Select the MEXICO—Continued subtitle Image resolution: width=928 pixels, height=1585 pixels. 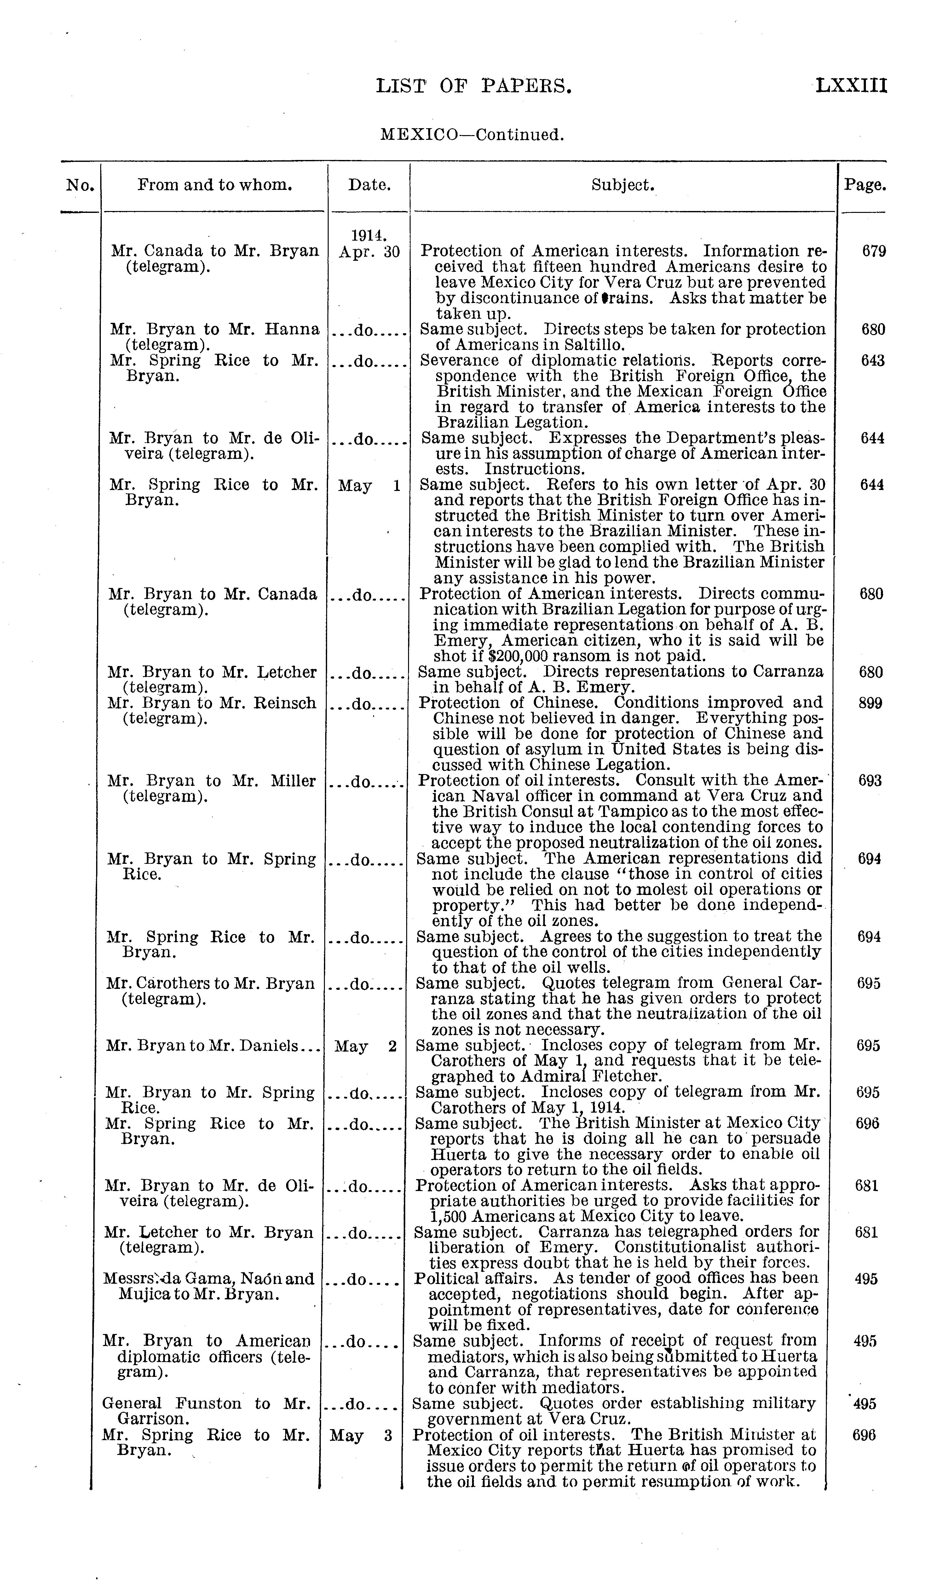[x=472, y=134]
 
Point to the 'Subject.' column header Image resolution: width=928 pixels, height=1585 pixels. [x=623, y=185]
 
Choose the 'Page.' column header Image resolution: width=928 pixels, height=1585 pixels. [x=865, y=185]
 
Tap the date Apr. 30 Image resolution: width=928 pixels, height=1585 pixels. [x=369, y=252]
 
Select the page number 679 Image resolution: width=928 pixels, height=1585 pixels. [x=874, y=252]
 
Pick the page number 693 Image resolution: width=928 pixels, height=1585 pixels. [x=870, y=781]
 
